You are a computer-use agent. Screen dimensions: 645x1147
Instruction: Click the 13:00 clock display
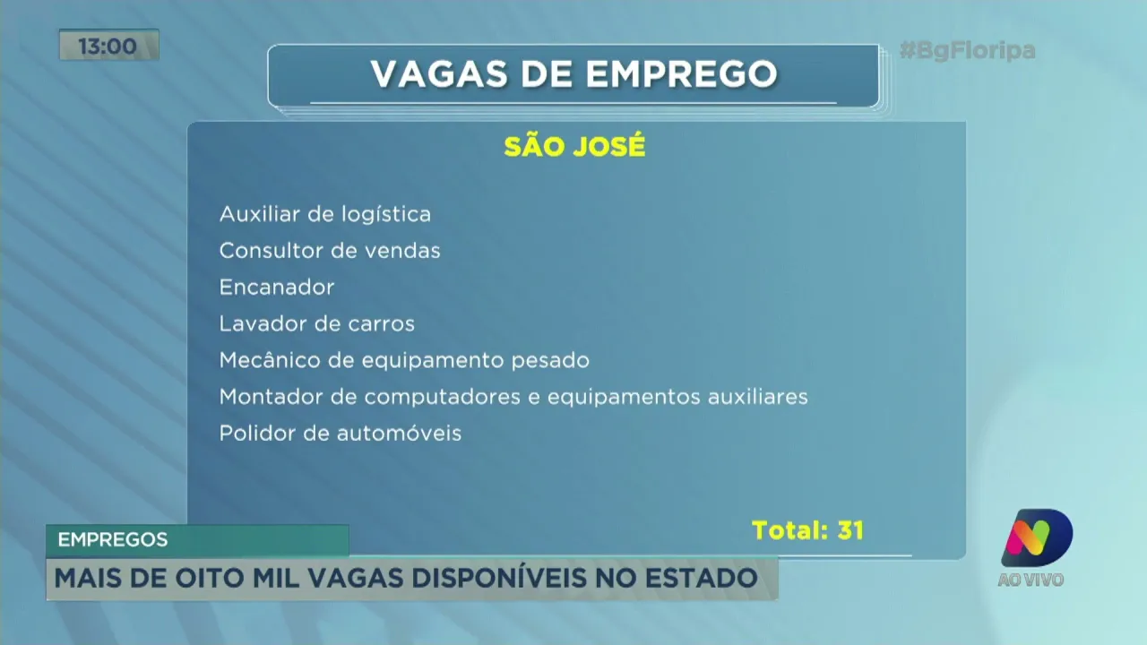(108, 46)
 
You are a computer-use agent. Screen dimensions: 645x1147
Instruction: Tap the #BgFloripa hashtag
(967, 50)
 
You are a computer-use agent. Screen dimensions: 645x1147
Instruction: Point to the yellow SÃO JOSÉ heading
(574, 147)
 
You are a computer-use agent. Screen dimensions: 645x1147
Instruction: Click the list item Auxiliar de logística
(324, 214)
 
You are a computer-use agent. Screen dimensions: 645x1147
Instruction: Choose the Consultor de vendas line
(330, 251)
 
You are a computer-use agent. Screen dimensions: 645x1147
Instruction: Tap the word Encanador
(277, 288)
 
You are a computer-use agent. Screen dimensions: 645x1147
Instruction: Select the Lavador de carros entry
(316, 323)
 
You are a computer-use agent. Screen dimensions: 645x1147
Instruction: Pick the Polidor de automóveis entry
(341, 434)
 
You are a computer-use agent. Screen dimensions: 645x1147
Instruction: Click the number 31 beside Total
(849, 530)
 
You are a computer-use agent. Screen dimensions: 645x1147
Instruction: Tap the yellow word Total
(789, 530)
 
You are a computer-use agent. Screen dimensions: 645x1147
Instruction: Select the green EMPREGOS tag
(113, 540)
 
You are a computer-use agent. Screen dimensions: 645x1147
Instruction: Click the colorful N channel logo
(1036, 537)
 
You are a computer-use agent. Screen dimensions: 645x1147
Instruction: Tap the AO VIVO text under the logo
(1031, 580)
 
